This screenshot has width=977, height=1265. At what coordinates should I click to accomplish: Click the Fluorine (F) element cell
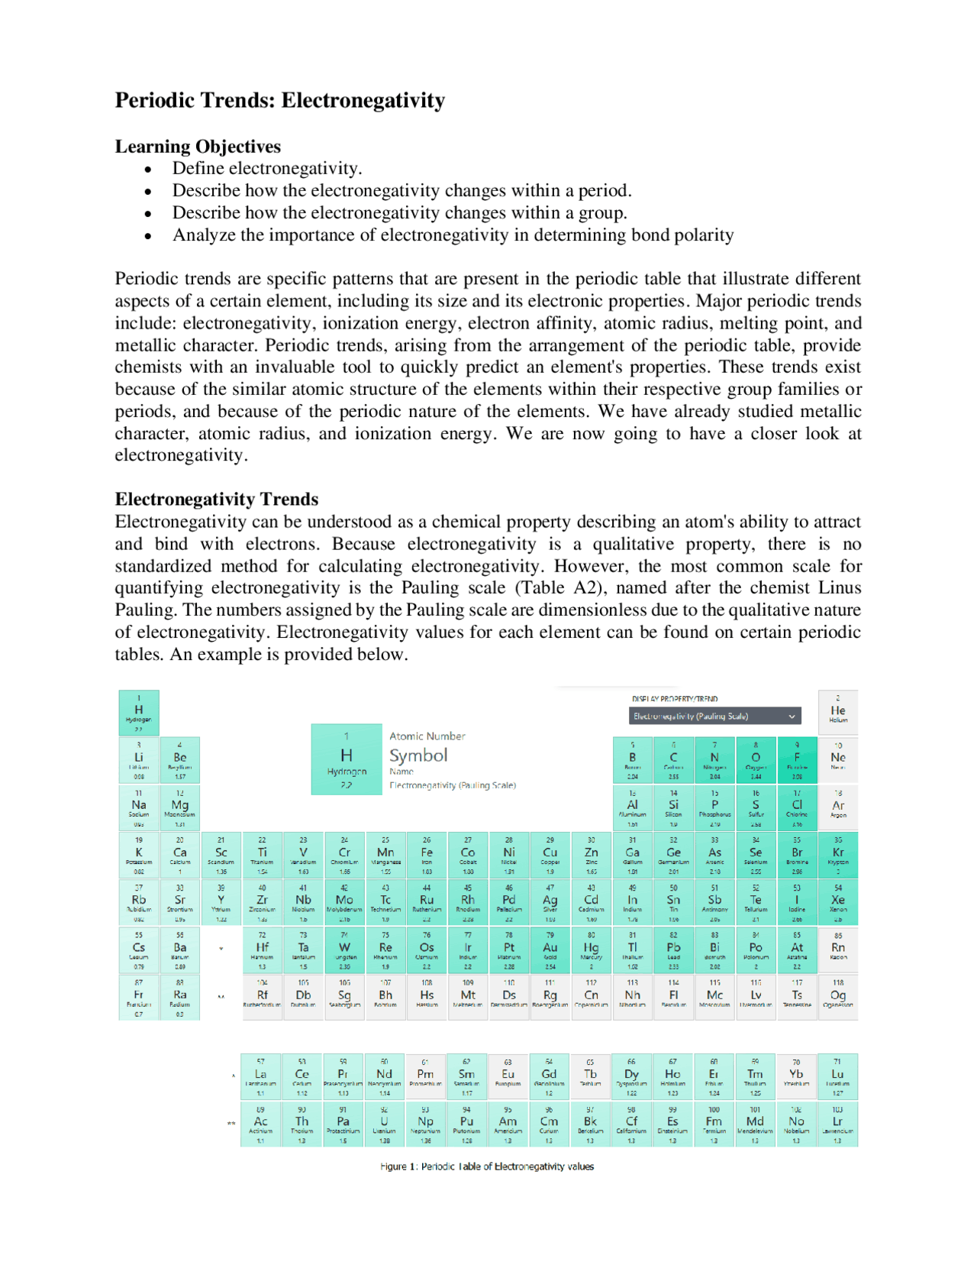pyautogui.click(x=797, y=759)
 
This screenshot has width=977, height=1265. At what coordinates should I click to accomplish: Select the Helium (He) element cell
pyautogui.click(x=837, y=711)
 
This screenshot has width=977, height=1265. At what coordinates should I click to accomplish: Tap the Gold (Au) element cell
pyautogui.click(x=550, y=950)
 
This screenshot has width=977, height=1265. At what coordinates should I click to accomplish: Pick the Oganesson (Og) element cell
pyautogui.click(x=837, y=997)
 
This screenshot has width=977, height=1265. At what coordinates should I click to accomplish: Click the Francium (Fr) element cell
pyautogui.click(x=139, y=997)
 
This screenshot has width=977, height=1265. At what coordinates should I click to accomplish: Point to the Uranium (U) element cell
pyautogui.click(x=384, y=1124)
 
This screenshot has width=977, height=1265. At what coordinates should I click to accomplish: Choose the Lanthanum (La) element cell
pyautogui.click(x=261, y=1076)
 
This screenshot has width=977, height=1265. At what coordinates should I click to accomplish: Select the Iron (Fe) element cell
pyautogui.click(x=427, y=854)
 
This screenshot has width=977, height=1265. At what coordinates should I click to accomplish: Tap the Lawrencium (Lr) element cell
pyautogui.click(x=837, y=1124)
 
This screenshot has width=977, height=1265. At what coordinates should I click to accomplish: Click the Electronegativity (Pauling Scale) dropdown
pyautogui.click(x=714, y=717)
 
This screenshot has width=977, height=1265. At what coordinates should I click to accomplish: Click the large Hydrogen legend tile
pyautogui.click(x=347, y=759)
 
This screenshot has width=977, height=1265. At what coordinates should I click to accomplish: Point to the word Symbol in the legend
pyautogui.click(x=418, y=755)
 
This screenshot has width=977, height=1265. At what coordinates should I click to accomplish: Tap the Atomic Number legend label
pyautogui.click(x=427, y=736)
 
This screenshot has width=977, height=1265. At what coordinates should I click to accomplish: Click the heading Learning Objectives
pyautogui.click(x=198, y=147)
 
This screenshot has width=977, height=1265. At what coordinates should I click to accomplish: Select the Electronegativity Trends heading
pyautogui.click(x=217, y=500)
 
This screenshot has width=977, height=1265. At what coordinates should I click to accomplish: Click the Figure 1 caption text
pyautogui.click(x=487, y=1166)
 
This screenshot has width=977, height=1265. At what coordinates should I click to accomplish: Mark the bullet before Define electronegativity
pyautogui.click(x=148, y=170)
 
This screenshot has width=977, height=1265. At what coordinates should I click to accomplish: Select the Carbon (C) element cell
pyautogui.click(x=673, y=759)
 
